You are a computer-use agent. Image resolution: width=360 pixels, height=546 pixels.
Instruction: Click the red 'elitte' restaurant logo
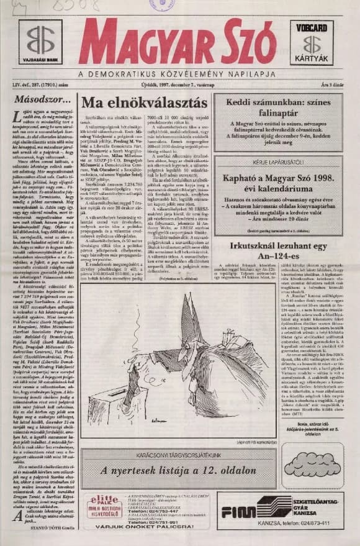104,500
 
